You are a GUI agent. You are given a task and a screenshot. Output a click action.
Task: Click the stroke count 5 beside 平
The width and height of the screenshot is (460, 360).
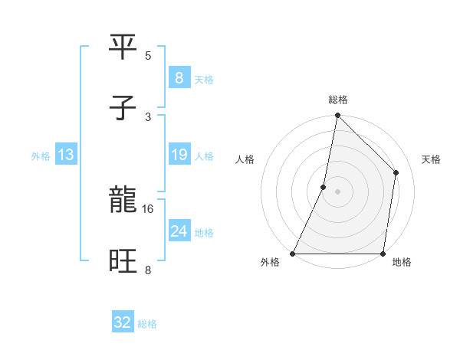pos(148,55)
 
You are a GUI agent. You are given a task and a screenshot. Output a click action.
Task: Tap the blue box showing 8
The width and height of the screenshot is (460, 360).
pos(179,78)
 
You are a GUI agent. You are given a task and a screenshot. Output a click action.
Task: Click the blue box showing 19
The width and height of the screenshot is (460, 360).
pos(179,155)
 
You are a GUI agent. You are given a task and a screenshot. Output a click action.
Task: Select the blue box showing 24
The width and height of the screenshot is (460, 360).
pos(179,231)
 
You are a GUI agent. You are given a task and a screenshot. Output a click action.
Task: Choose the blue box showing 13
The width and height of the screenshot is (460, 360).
pos(66,155)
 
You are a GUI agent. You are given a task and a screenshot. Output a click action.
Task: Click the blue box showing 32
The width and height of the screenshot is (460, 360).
pos(123,322)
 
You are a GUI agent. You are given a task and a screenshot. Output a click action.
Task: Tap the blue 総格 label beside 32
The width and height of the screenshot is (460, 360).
pos(147,324)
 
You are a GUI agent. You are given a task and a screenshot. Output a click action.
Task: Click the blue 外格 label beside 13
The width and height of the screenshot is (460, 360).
pos(41,156)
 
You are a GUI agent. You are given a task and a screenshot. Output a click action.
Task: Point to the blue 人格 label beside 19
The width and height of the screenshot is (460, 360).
pos(204,156)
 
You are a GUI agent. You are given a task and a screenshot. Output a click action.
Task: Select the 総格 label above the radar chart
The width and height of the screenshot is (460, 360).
pos(337,100)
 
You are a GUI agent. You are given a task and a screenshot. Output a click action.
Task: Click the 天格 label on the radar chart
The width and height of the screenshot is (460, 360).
pos(431,160)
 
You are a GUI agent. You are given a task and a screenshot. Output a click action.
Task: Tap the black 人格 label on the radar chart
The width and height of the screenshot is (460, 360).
pos(245,160)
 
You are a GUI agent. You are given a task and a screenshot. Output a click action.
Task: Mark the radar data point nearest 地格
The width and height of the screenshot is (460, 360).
pos(383,254)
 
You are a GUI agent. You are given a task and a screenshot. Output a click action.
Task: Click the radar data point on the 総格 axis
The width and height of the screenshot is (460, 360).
pos(337,116)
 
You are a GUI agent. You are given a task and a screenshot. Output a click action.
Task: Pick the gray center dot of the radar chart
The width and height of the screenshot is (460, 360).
pos(337,191)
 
